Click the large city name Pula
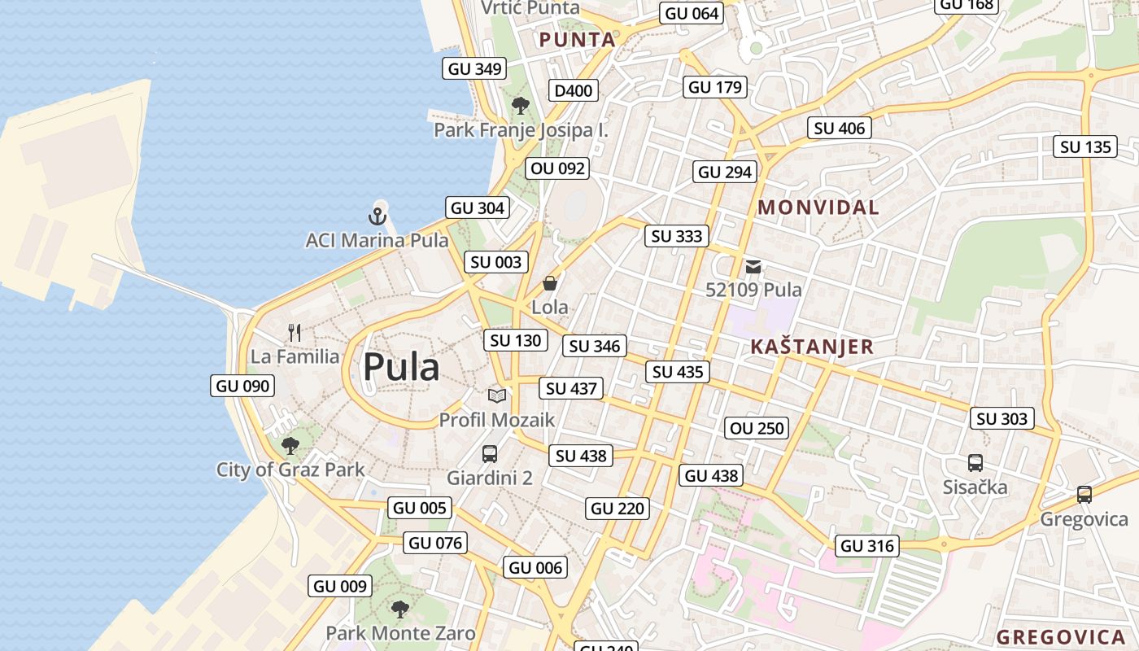click(401, 368)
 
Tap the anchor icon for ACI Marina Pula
click(376, 216)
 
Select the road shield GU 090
click(242, 386)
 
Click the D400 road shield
click(574, 90)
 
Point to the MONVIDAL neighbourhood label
click(818, 208)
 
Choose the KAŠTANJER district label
click(812, 347)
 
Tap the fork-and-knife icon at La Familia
click(295, 332)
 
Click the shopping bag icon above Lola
click(550, 283)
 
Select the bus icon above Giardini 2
click(490, 454)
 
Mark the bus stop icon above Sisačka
click(975, 463)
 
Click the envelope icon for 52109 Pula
click(753, 266)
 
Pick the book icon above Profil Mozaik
click(497, 395)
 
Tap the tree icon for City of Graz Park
click(290, 445)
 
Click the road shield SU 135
click(1086, 147)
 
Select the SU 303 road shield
click(1002, 418)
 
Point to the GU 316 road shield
click(867, 546)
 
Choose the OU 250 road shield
click(757, 428)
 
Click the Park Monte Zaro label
click(400, 633)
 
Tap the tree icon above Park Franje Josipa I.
click(521, 106)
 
